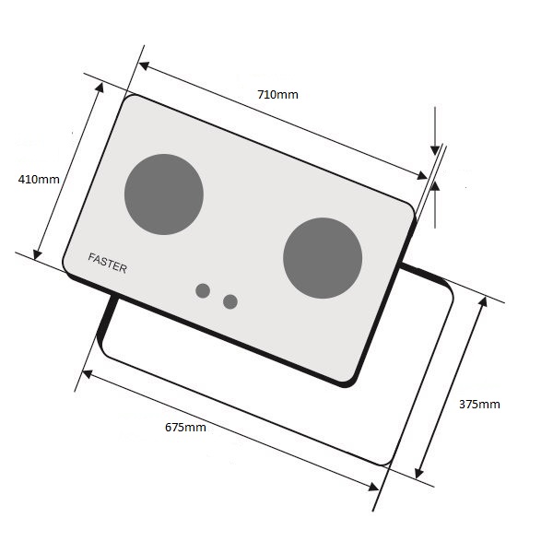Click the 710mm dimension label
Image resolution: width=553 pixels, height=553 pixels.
[x=277, y=95]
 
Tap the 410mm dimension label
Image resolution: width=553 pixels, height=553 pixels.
[x=39, y=179]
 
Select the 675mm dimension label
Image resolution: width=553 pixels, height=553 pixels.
[x=185, y=427]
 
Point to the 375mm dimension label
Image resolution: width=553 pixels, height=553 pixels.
[x=479, y=405]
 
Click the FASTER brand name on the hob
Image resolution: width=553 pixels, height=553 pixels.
[x=107, y=263]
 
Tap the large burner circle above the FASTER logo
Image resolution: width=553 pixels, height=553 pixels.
[x=164, y=194]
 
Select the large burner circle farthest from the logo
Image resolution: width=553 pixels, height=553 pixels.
[x=323, y=258]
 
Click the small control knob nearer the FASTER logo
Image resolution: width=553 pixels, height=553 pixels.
[x=203, y=290]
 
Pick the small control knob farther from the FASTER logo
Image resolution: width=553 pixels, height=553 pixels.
[x=230, y=301]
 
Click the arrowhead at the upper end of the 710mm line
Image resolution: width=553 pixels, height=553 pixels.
[x=143, y=65]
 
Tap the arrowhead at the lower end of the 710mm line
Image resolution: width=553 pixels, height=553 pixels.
[x=422, y=175]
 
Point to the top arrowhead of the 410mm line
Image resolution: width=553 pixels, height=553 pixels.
[x=100, y=88]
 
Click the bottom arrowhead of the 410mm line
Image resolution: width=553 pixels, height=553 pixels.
[x=37, y=254]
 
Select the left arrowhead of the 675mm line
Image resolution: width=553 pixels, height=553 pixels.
[x=87, y=374]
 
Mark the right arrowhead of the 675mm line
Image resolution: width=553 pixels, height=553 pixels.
[x=373, y=488]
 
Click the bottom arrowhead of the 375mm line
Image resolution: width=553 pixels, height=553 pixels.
[x=419, y=474]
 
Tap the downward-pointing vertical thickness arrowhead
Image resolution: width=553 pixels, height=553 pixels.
[x=435, y=150]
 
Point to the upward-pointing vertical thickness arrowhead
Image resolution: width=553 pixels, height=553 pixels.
[x=435, y=186]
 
